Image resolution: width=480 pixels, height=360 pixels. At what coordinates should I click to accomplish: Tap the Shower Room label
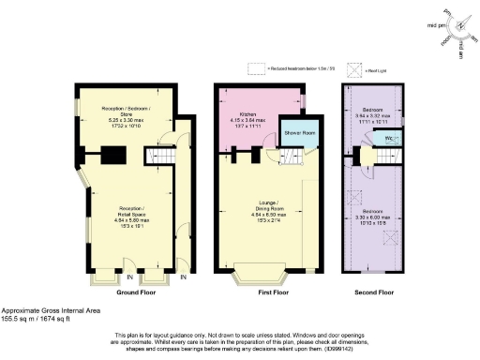coord(297,133)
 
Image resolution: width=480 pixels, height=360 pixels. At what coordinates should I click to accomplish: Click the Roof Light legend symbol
coord(355,68)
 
